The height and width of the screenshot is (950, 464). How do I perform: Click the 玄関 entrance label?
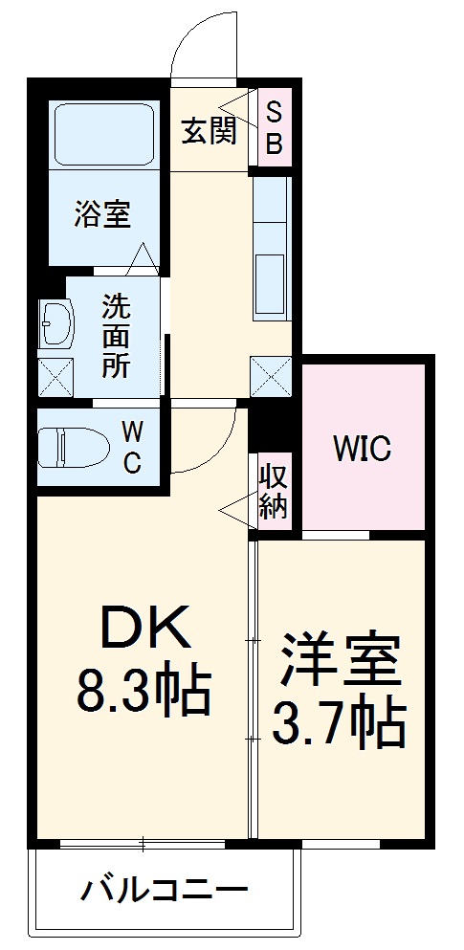209,132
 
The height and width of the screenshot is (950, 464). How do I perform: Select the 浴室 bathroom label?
102,215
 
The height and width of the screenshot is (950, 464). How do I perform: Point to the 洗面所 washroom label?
117,337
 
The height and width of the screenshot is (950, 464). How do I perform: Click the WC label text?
131,446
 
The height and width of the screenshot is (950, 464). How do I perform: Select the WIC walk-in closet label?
362,448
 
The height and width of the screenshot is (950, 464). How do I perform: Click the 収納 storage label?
274,490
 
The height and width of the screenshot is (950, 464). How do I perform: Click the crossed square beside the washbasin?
55,375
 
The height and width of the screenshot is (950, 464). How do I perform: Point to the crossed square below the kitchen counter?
271,374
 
